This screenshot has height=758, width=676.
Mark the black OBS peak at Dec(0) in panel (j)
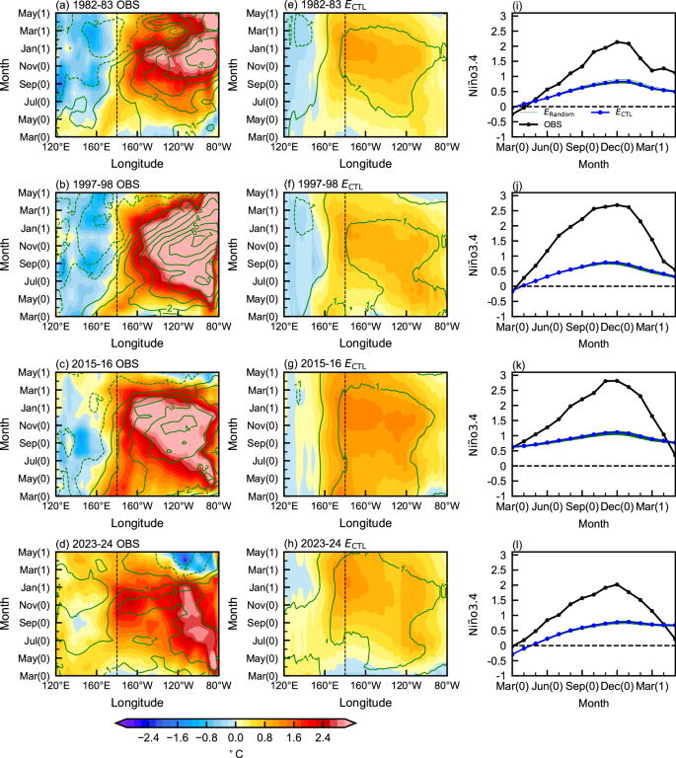(617, 205)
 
